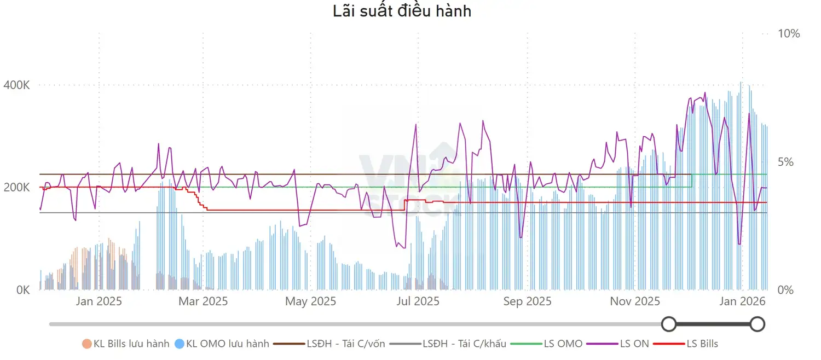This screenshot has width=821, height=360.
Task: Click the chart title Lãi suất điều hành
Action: [402, 11]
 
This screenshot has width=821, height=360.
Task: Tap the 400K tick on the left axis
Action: [16, 85]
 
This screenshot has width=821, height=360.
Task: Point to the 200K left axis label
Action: [16, 187]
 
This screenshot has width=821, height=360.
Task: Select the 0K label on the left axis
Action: [23, 289]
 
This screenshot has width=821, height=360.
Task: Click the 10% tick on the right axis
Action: [789, 34]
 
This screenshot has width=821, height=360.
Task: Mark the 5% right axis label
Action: [785, 161]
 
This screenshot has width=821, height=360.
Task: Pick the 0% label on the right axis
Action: [785, 289]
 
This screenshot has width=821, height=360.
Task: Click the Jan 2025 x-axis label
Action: [99, 301]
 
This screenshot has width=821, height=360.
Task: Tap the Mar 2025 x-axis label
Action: [203, 301]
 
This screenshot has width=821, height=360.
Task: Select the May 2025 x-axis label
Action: [310, 301]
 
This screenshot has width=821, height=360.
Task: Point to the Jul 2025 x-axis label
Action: [418, 301]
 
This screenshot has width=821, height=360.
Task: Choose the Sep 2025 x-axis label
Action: [527, 301]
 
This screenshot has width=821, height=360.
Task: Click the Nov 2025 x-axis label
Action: [635, 301]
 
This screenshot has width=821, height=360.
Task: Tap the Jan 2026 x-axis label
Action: [742, 301]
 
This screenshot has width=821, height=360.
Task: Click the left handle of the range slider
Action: [669, 324]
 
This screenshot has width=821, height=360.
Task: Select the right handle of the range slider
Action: [757, 324]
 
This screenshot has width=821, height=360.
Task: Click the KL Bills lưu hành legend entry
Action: [126, 344]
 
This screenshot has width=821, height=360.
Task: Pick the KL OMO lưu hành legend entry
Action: [222, 344]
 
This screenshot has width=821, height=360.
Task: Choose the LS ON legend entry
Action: [617, 344]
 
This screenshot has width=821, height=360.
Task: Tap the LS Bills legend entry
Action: [685, 344]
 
